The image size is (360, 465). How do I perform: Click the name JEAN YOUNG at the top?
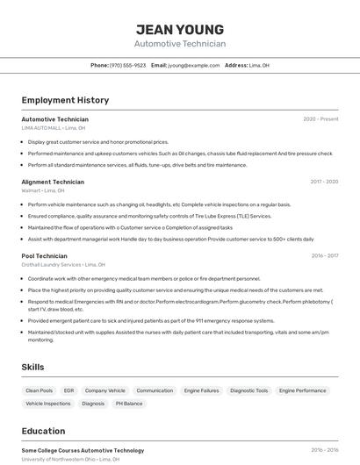click(180, 30)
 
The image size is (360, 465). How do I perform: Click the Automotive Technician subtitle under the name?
click(180, 44)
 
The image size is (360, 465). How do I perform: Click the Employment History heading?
click(65, 100)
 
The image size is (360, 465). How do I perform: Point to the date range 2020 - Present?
click(320, 119)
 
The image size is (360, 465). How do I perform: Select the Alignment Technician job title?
click(53, 182)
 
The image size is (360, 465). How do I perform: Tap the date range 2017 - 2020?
click(324, 182)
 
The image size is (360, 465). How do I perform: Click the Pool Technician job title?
click(46, 256)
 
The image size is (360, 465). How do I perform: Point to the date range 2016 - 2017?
click(324, 256)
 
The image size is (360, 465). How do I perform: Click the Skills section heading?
click(33, 367)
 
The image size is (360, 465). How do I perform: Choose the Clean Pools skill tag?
click(39, 390)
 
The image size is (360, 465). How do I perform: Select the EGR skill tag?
click(68, 390)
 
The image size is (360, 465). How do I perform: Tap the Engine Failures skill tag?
click(201, 390)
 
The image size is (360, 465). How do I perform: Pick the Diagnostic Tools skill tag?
click(249, 390)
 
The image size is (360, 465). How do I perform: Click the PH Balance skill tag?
click(129, 404)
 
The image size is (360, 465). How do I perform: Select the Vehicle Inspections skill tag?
click(48, 404)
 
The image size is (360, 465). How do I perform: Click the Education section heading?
click(44, 431)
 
